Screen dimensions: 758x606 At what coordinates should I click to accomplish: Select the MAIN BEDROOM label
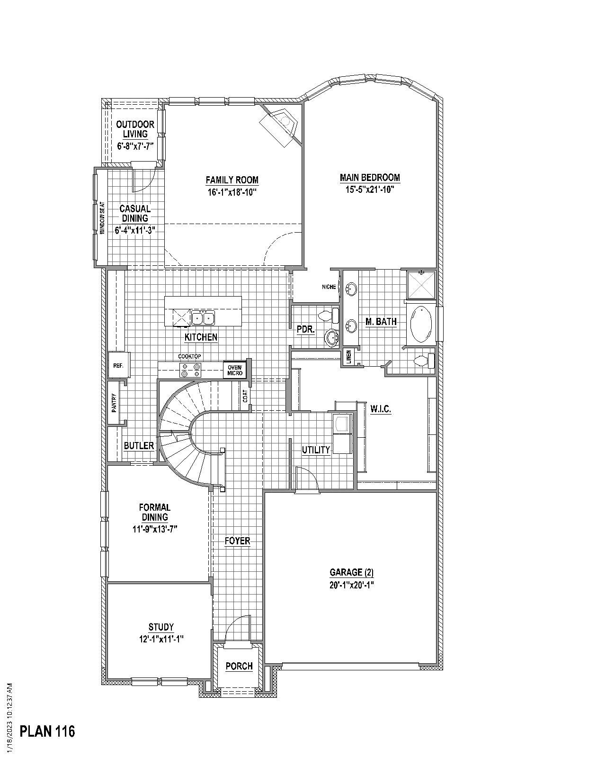pos(370,178)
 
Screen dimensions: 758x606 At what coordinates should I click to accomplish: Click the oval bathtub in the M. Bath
pos(420,325)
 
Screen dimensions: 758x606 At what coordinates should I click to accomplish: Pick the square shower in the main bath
pos(421,284)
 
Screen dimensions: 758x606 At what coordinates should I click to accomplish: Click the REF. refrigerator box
pos(118,366)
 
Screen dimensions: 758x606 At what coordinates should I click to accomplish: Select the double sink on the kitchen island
pos(204,317)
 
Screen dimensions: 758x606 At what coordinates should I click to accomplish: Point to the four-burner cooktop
pos(190,370)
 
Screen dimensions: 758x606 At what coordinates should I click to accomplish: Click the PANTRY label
pos(114,403)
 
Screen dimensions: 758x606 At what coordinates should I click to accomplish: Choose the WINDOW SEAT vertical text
pos(102,218)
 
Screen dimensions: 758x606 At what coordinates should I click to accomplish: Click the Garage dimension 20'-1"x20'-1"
pos(352,585)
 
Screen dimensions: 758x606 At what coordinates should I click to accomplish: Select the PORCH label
pos(239,666)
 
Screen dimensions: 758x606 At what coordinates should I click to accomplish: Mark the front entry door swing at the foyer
pos(238,630)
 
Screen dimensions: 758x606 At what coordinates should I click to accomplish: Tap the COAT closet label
pos(245,397)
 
